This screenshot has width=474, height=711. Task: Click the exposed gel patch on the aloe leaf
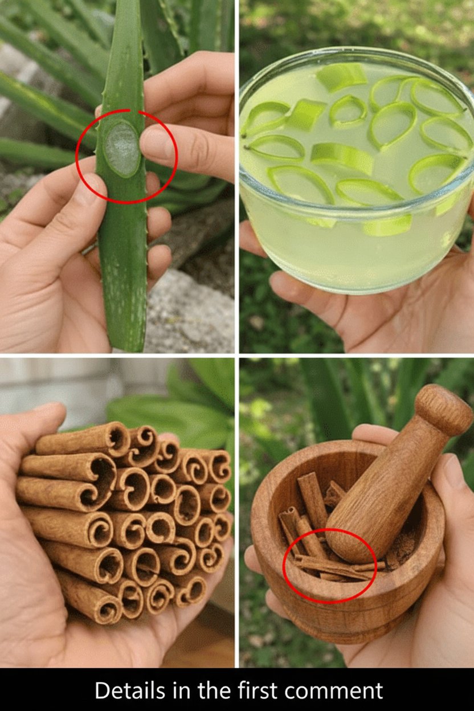pos(122,149)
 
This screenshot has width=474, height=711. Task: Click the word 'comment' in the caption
pos(333,690)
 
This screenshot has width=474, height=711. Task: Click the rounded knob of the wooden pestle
pos(444,409)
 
